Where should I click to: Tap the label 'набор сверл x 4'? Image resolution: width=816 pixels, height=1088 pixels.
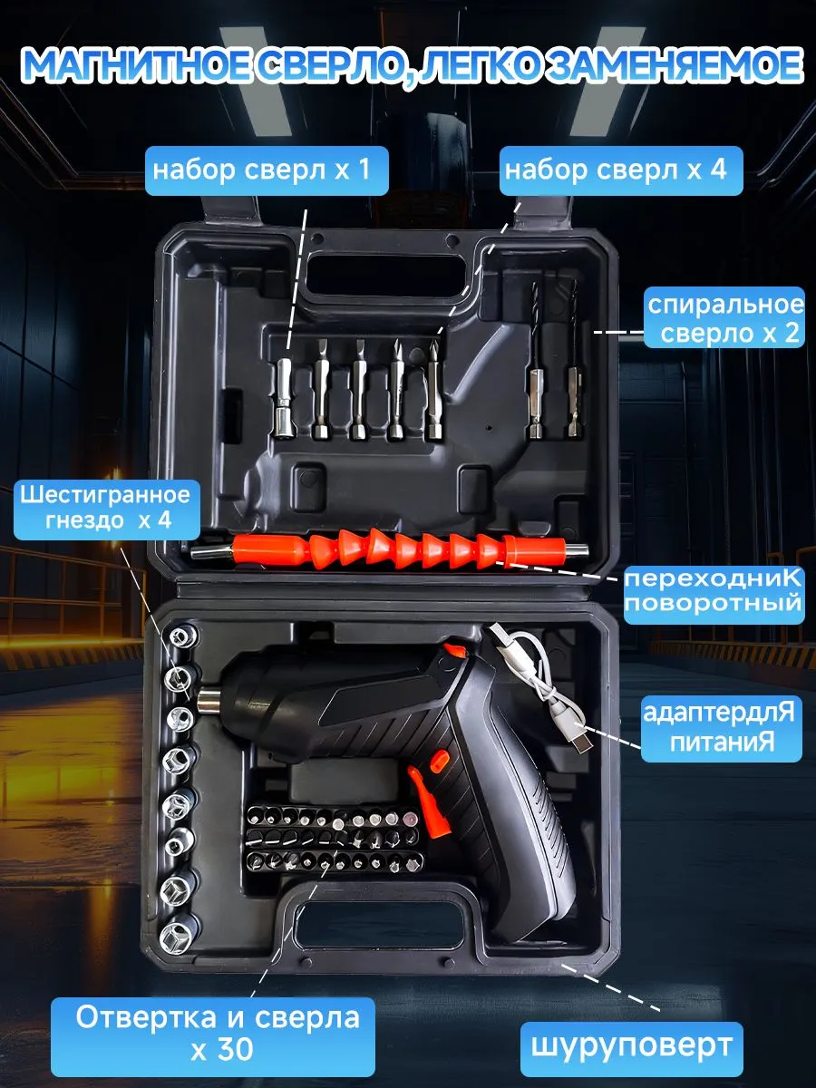(621, 170)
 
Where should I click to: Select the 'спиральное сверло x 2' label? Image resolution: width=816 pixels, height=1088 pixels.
(724, 317)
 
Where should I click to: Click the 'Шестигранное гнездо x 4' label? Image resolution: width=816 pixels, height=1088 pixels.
(106, 509)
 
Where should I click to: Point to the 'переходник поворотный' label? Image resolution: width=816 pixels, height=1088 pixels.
(714, 593)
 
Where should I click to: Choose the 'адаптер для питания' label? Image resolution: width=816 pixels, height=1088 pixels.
(721, 729)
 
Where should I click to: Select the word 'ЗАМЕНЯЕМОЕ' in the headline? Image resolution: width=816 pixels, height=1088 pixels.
(673, 66)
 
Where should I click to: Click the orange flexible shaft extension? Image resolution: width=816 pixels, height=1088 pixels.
(390, 549)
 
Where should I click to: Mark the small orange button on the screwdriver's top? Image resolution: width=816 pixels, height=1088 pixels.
(455, 651)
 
